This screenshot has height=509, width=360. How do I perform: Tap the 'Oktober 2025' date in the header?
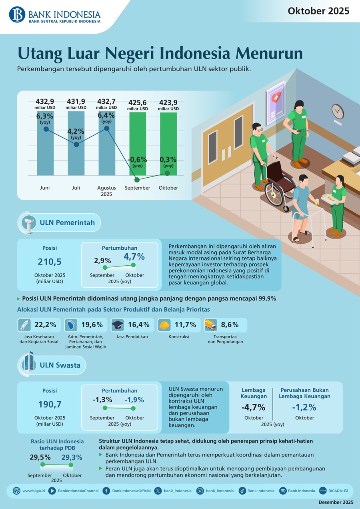pos(318,11)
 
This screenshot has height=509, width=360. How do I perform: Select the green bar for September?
pos(137,144)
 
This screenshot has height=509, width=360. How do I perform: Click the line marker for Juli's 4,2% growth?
pos(76,144)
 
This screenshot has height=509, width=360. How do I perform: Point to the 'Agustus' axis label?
pos(106,188)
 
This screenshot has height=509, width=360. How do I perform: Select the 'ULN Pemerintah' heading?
pos(67,222)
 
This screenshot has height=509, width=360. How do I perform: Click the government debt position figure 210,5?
pos(50,262)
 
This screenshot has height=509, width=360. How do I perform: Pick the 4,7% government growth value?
pos(134,257)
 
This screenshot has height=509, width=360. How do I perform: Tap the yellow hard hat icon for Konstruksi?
pos(164,325)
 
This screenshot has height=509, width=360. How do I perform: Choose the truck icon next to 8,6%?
pos(210,325)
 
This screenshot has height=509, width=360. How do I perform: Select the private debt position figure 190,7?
pos(50,404)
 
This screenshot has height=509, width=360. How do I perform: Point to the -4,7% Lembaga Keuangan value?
pos(253,407)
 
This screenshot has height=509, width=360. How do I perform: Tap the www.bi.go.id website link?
pos(33,491)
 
